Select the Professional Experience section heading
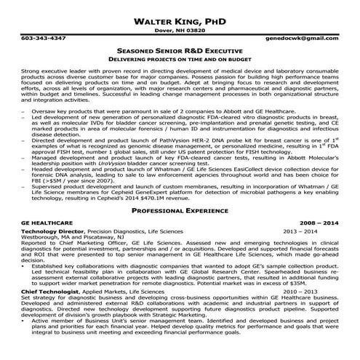pos(179,209)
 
